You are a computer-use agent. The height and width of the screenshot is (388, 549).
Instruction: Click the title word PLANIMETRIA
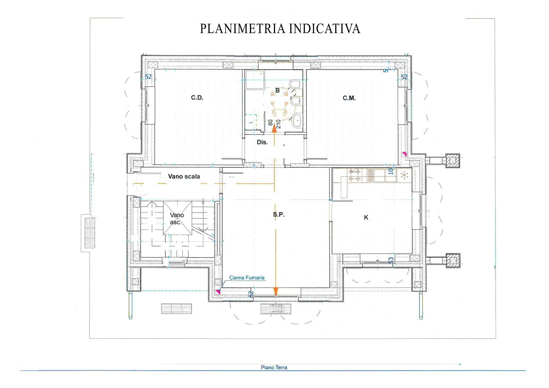point(243,29)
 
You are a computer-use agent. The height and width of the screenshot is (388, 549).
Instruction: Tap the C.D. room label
point(197,98)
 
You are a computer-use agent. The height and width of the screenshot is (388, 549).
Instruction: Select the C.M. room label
point(349,98)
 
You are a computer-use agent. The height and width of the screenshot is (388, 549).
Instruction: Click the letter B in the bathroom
point(277,91)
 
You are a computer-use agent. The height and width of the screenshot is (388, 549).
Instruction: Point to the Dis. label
point(262,142)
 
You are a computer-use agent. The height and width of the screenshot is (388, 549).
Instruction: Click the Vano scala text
point(184,177)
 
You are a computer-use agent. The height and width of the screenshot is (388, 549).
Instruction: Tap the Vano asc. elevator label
point(177,219)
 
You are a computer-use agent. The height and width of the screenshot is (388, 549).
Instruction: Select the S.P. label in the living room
point(279,215)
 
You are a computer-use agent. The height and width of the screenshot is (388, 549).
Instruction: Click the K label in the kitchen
point(366,217)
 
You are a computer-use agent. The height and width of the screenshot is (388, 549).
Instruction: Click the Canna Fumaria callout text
point(246,278)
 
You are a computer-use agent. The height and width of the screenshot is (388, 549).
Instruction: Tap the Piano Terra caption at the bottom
point(274,368)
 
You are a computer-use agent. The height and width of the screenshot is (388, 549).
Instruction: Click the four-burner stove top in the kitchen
point(355,175)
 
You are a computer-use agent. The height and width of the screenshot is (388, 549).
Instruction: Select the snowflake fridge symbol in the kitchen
point(404,175)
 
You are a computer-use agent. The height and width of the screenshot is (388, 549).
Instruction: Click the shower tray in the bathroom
point(255,80)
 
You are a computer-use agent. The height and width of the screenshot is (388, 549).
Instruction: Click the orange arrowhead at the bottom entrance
point(276,291)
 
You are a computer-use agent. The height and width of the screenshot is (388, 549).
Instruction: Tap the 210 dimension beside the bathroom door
point(278,124)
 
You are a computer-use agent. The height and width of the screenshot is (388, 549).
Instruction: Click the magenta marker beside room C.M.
point(404,155)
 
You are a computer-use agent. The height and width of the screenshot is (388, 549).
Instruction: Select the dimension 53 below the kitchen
point(391,260)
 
